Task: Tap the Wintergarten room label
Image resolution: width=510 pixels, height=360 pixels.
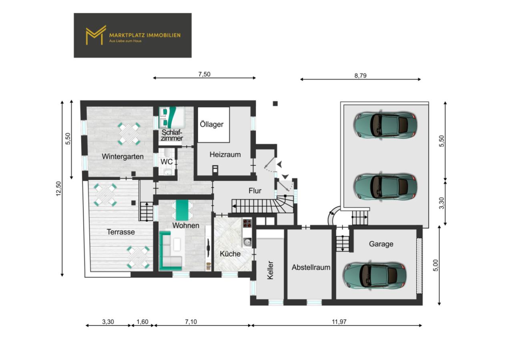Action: point(122,156)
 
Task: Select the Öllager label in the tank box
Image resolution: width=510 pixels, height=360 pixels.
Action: point(212,124)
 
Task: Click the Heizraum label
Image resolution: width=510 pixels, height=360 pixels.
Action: point(225,154)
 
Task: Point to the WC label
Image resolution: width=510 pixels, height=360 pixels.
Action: point(167,162)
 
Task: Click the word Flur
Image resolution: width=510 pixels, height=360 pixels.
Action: point(255,191)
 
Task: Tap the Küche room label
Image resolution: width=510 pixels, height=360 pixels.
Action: point(230,254)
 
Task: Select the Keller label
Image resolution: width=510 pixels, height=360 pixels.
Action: point(270,270)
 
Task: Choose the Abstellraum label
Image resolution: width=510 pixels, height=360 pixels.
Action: point(311,267)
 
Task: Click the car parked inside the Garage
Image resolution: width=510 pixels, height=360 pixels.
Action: point(375,275)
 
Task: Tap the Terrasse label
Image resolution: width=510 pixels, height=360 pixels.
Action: point(120,232)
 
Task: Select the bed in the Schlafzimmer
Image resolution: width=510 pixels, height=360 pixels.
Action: point(173,117)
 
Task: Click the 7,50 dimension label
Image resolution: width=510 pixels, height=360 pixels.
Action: point(204,74)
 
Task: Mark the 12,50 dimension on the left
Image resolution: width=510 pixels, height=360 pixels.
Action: point(58,189)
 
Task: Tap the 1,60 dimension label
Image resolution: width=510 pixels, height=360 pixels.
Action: point(143,322)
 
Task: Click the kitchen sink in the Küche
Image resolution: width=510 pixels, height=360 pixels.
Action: point(247,242)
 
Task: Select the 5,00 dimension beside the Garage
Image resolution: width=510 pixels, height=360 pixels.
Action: point(436,265)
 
